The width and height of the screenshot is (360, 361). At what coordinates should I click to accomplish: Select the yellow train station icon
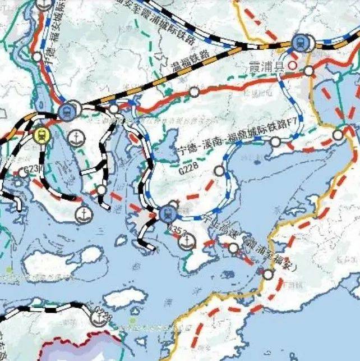click(40, 135)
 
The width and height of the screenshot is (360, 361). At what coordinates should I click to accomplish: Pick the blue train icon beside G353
click(167, 213)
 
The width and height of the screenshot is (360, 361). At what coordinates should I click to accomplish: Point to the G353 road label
click(177, 229)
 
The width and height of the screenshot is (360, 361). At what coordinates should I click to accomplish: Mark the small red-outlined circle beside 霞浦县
click(292, 65)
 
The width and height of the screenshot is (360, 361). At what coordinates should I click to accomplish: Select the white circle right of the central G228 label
click(219, 171)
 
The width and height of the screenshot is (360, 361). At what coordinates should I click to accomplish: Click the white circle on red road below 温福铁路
click(194, 91)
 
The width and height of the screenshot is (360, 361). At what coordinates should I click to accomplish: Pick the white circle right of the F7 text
click(338, 135)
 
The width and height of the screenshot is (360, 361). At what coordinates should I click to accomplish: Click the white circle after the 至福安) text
click(269, 275)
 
